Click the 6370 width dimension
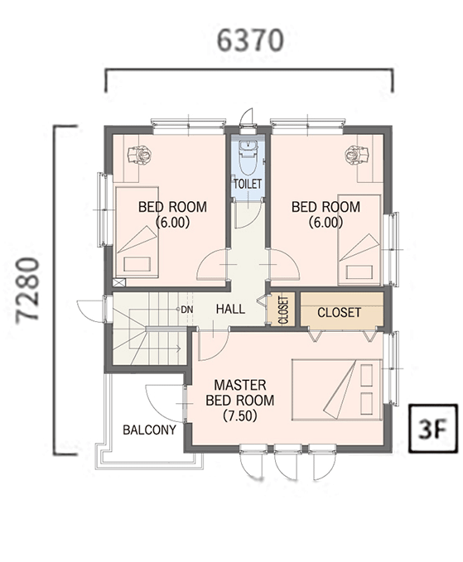[x=250, y=41]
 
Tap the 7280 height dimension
[x=27, y=290]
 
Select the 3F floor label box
[x=433, y=428]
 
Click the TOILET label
[x=248, y=184]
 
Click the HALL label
[x=230, y=309]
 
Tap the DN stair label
[x=187, y=310]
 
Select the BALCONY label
[x=150, y=430]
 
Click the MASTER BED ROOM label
[x=240, y=393]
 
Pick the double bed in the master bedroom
[x=337, y=389]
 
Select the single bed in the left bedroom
[x=137, y=232]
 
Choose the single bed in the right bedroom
[x=359, y=240]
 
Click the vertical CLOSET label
[x=283, y=310]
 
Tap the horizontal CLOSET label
[x=339, y=313]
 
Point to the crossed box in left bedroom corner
[x=119, y=282]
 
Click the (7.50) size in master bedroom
[x=240, y=415]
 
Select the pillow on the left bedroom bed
[x=137, y=264]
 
